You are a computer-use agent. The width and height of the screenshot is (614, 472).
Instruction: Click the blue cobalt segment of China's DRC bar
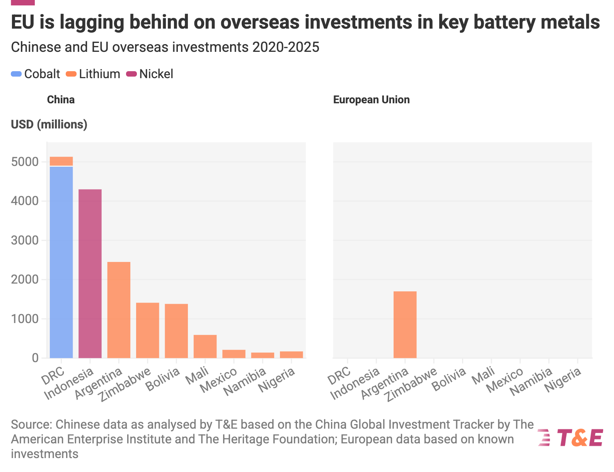click(x=61, y=262)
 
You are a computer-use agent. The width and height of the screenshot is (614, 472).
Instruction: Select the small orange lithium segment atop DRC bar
click(x=61, y=161)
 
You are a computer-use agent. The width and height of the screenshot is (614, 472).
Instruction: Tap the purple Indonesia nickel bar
click(x=90, y=274)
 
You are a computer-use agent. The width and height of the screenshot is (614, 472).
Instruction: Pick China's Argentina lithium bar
click(x=119, y=310)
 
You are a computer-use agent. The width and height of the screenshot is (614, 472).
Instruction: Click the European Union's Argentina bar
click(x=405, y=324)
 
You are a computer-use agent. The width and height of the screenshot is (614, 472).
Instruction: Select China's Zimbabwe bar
click(x=147, y=330)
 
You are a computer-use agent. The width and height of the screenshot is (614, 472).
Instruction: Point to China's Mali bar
click(x=205, y=346)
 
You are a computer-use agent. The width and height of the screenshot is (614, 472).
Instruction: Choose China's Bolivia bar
click(x=176, y=331)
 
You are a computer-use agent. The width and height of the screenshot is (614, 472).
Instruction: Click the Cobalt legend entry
click(x=36, y=74)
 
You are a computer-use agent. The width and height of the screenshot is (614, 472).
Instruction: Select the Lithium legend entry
click(x=93, y=74)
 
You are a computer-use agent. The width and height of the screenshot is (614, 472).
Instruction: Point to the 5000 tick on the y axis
click(x=25, y=162)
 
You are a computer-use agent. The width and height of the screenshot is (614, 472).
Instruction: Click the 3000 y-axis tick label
click(x=25, y=240)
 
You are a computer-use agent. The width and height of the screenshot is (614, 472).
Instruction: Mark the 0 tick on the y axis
click(x=36, y=358)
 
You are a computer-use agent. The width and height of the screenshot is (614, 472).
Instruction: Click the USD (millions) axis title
click(x=49, y=125)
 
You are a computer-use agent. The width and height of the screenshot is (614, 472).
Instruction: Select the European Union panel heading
click(x=371, y=100)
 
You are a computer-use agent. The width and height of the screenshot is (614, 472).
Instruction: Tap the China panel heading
click(x=61, y=100)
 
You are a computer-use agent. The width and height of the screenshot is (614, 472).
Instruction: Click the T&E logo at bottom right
click(x=570, y=438)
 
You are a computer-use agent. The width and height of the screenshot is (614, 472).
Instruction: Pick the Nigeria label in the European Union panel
click(x=563, y=380)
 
